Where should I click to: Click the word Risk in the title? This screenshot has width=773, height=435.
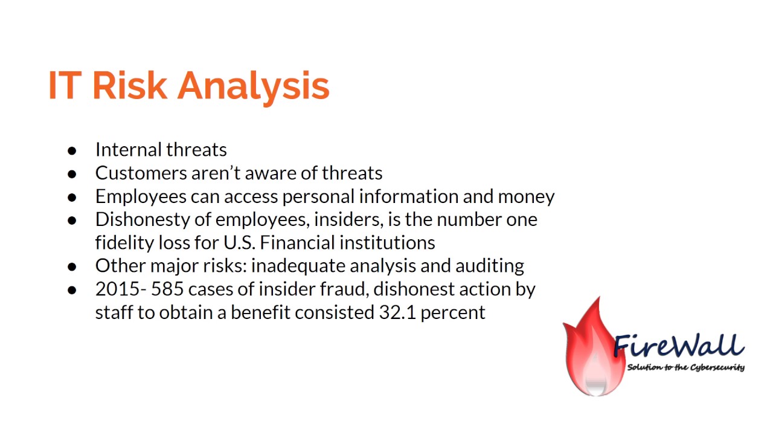click(129, 85)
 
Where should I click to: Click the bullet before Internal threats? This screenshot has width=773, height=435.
click(72, 150)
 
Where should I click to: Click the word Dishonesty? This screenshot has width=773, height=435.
click(141, 219)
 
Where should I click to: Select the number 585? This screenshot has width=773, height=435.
click(168, 289)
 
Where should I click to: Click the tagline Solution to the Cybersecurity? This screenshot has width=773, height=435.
click(685, 367)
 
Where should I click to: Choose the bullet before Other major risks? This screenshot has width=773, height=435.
click(72, 266)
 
